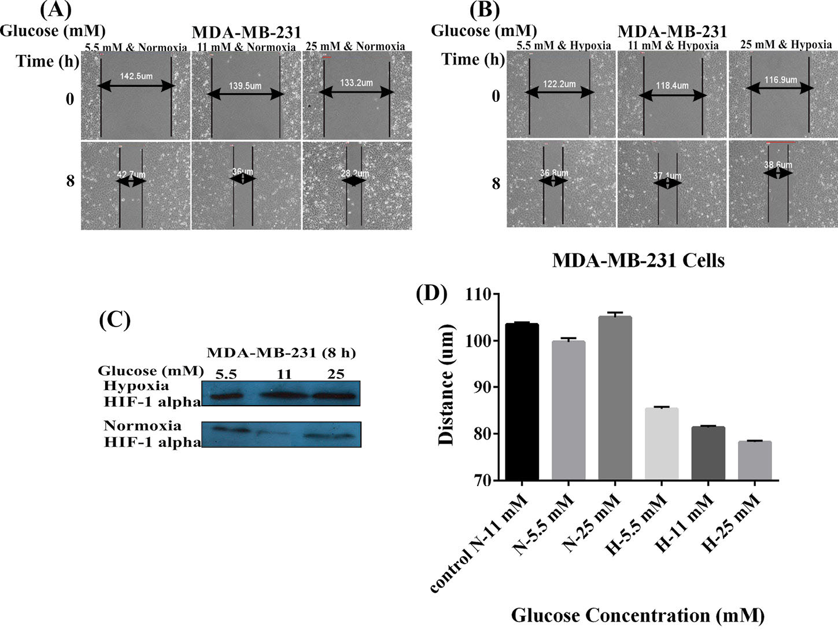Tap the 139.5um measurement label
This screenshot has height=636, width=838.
(246, 86)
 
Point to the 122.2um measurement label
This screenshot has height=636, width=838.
(558, 84)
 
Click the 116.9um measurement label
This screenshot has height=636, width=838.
(781, 80)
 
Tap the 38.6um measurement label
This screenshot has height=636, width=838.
(778, 165)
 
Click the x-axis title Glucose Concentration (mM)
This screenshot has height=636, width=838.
(637, 615)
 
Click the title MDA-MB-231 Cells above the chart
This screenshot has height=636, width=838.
(638, 260)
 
